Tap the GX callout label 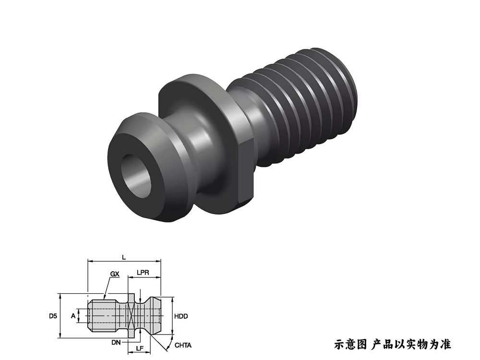pos(114,274)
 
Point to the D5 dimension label pos(53,316)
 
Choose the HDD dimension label pos(181,316)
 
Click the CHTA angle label pos(183,345)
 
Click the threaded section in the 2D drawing pos(103,316)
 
